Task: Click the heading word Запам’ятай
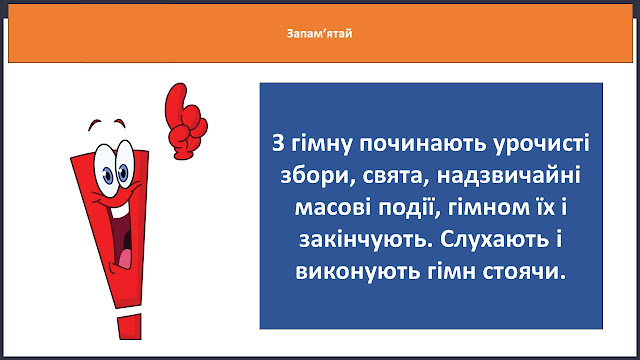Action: point(319,33)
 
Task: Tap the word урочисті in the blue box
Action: point(541,144)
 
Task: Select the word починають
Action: point(422,144)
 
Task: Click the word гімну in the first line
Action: point(321,144)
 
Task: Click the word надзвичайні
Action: point(509,176)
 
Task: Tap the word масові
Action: point(333,207)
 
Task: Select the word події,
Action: point(409,209)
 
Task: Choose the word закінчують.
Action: point(366,240)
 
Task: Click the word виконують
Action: point(358,271)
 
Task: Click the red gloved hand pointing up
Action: point(185,122)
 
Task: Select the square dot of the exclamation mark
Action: point(130,327)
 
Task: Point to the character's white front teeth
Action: point(119,211)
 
